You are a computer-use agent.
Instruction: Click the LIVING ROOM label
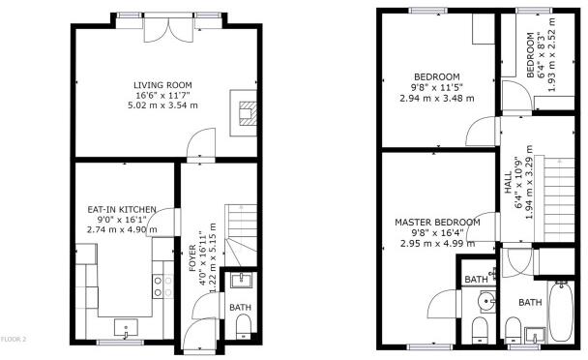pos(162,85)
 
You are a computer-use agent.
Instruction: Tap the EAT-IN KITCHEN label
pos(122,209)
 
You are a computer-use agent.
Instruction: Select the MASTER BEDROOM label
pos(437,223)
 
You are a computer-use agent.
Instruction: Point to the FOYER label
pos(192,257)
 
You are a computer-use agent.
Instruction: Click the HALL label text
pos(508,183)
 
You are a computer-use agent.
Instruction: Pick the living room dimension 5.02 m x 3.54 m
pos(162,105)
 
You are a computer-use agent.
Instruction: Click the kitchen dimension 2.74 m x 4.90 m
pos(122,229)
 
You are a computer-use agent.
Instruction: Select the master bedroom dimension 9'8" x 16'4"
pos(437,233)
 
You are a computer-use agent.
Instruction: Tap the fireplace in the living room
pos(244,113)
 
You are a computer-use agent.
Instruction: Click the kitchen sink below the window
pos(126,328)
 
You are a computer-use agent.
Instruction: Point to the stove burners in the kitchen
pos(163,286)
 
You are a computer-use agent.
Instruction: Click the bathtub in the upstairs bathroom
pos(561,312)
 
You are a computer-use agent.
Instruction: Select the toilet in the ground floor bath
pos(244,325)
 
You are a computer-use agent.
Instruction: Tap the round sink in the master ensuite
pos(486,301)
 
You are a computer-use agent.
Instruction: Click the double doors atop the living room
pos(168,29)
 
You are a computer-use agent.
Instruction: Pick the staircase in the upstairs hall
pos(559,199)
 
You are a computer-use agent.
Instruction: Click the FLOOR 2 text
pos(14,340)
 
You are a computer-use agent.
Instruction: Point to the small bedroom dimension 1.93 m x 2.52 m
pos(551,54)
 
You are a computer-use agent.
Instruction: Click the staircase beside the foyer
pos(241,235)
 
